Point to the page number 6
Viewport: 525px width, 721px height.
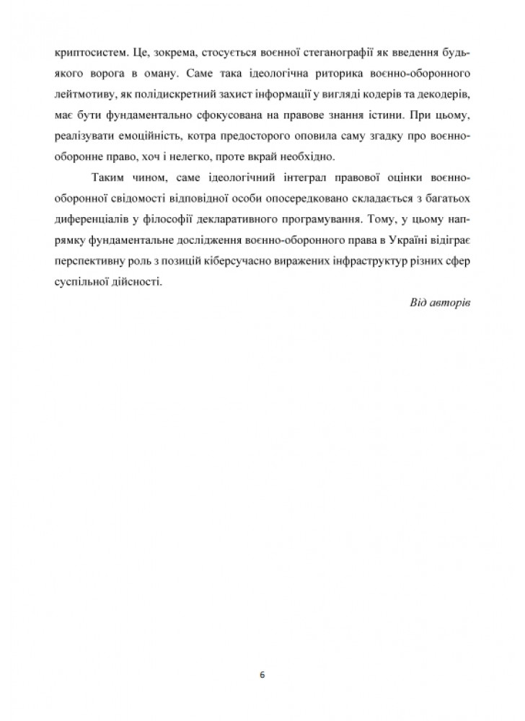coord(262,676)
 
